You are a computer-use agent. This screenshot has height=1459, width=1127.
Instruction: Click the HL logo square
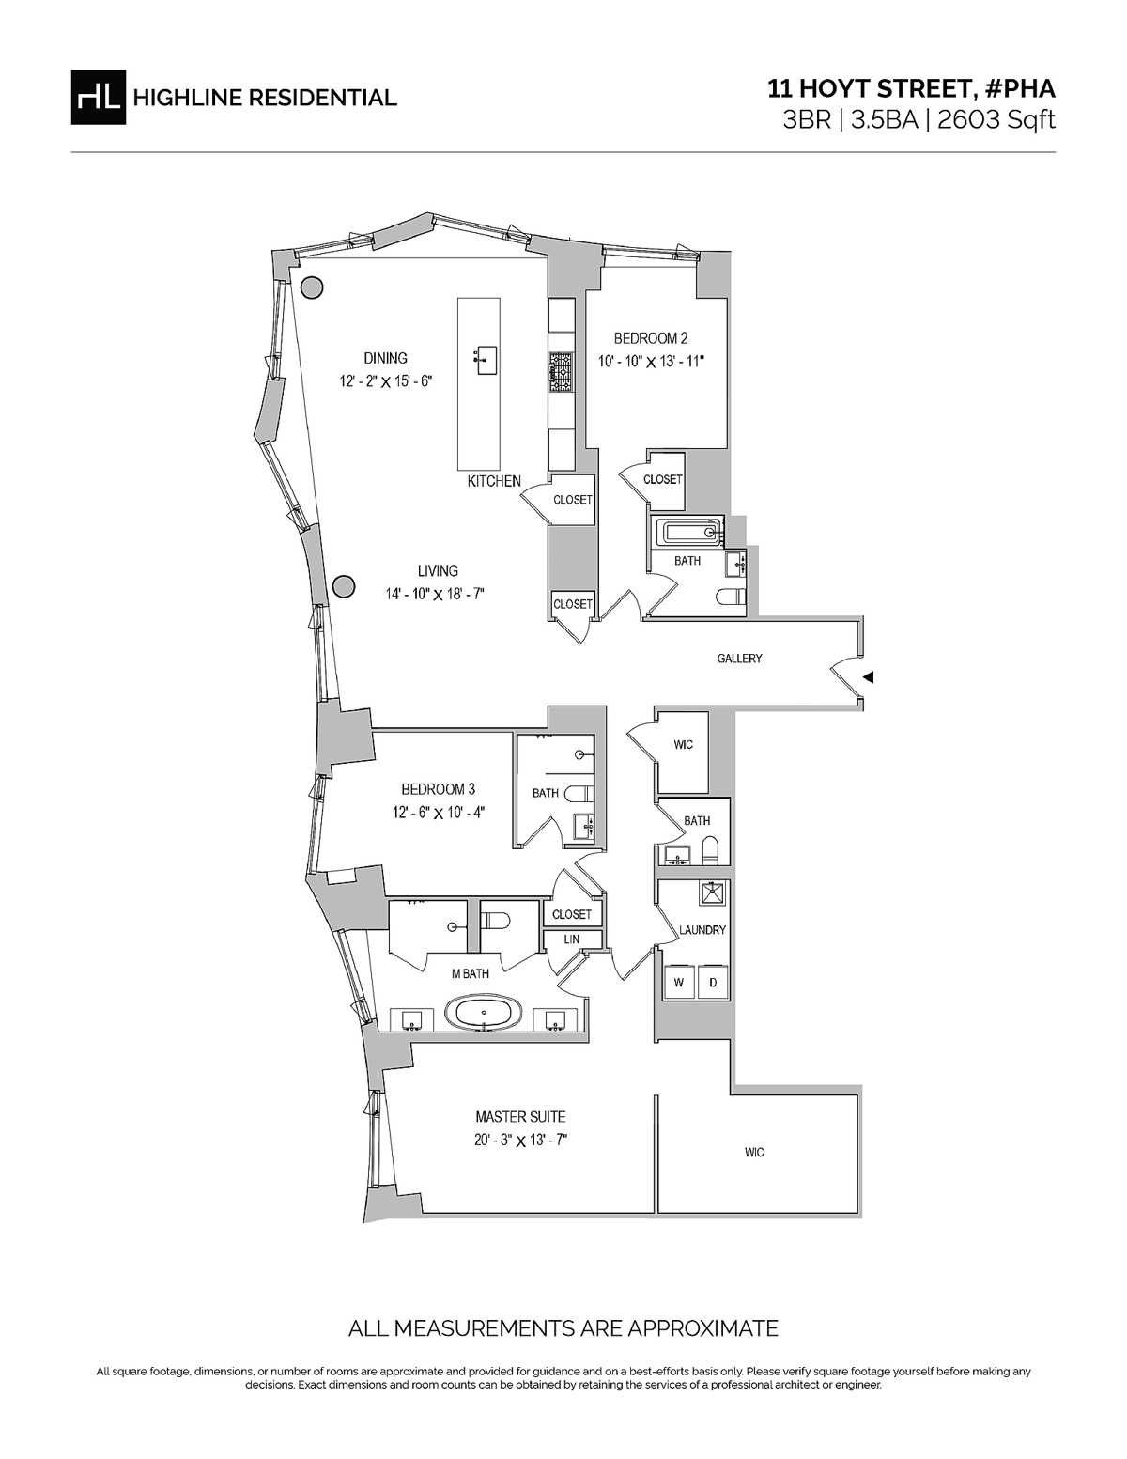[x=98, y=98]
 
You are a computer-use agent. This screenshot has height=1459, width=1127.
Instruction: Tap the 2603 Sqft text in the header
[x=996, y=120]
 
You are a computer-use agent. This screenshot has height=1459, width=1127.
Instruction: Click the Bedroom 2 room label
[x=651, y=338]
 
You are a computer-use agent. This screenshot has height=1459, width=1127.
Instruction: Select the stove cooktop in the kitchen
[x=561, y=373]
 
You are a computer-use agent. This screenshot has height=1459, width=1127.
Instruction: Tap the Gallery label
[x=739, y=659]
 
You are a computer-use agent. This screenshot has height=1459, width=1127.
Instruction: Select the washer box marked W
[x=679, y=983]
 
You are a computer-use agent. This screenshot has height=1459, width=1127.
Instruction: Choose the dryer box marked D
[x=713, y=983]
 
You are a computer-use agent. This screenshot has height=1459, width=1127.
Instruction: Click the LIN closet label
[x=571, y=939]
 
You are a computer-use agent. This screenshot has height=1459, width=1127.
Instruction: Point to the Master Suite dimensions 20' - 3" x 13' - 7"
[x=521, y=1141]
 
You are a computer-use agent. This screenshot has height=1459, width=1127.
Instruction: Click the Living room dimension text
[x=435, y=594]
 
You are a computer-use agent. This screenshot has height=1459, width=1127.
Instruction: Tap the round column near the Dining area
[x=311, y=288]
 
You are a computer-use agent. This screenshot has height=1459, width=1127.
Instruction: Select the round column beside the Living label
[x=344, y=587]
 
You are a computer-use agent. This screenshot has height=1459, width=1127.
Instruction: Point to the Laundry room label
[x=702, y=930]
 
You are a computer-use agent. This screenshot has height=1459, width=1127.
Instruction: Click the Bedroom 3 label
[x=439, y=789]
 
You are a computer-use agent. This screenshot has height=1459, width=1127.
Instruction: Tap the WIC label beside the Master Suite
[x=754, y=1153]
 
